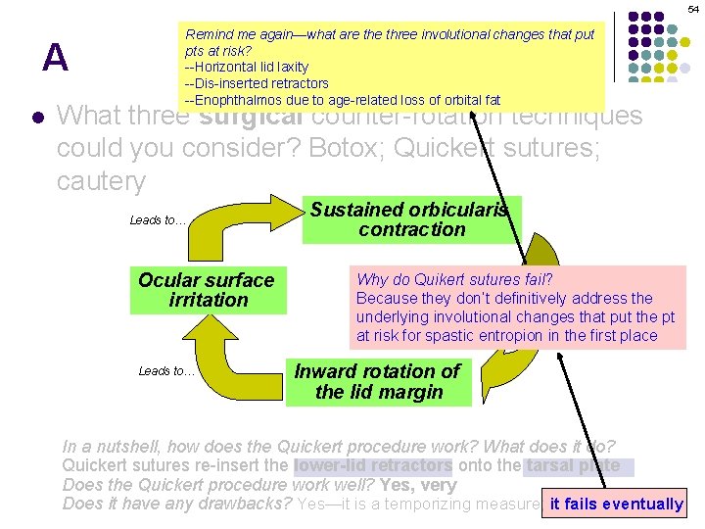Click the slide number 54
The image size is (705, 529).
692,8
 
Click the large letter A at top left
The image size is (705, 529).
56,59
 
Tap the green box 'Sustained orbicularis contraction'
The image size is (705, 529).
411,219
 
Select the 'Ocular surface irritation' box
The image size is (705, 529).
208,290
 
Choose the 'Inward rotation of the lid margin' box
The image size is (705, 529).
377,382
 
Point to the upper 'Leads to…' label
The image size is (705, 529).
158,220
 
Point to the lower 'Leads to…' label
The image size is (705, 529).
166,370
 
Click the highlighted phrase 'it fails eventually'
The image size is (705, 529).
616,504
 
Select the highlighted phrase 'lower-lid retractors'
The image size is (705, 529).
372,465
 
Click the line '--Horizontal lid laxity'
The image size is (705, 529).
247,67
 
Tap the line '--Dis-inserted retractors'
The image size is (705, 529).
257,83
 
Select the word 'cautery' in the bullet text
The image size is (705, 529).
101,182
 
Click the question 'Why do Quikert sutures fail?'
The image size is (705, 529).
454,280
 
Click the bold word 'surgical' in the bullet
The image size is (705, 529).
249,117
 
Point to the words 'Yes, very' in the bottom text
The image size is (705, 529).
425,484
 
